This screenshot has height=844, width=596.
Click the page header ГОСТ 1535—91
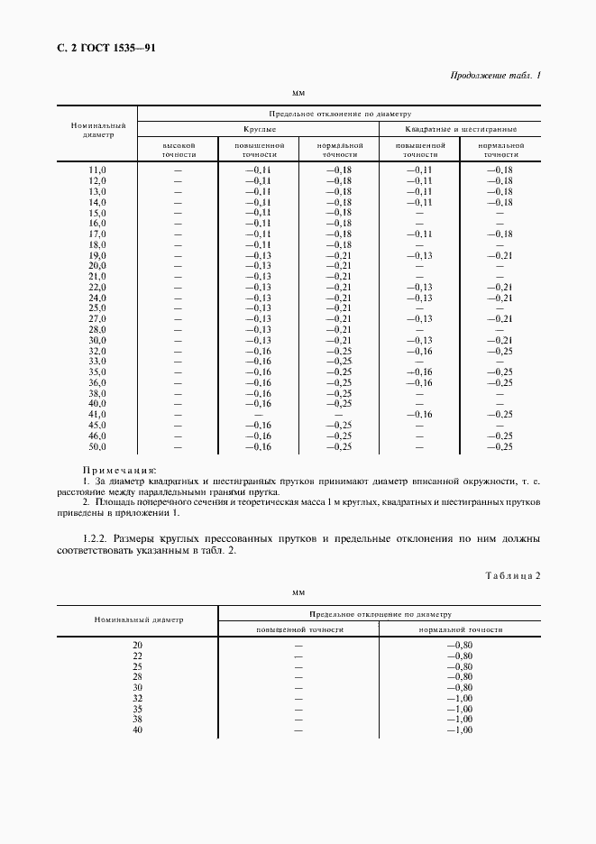(107, 48)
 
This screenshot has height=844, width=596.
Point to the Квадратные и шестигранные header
(460, 130)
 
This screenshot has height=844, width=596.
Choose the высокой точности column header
(178, 149)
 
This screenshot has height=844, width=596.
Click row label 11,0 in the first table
(96, 170)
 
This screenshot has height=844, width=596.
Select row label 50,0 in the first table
(96, 446)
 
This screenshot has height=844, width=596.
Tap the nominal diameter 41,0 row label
(96, 415)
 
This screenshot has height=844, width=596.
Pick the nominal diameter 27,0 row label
(96, 319)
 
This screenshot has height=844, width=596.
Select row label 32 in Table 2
(137, 698)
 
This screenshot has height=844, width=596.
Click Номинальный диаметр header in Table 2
(138, 620)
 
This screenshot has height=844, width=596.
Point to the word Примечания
(119, 470)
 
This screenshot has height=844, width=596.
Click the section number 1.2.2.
(96, 539)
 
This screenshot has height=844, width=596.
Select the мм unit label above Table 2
(298, 592)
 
